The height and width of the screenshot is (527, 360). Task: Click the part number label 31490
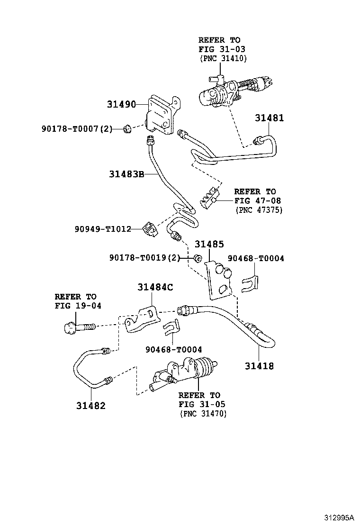(121, 104)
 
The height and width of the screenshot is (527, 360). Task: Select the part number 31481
(270, 118)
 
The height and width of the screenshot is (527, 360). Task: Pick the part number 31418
(259, 366)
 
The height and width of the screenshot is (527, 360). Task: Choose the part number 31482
(90, 406)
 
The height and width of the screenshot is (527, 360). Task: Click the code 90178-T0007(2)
(76, 128)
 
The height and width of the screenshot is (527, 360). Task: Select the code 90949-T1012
(102, 229)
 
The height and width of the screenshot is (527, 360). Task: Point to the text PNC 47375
(259, 209)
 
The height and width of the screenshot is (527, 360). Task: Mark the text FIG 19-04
(78, 305)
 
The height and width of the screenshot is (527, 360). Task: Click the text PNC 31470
(203, 414)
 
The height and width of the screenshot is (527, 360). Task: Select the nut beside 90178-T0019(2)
(198, 258)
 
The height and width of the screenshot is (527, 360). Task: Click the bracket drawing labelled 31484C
(141, 319)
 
